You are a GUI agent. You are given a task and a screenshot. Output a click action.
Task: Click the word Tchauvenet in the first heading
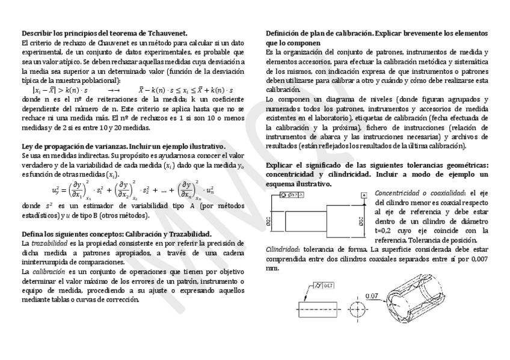coord(169,33)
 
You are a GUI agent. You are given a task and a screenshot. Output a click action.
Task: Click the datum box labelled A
coord(364,195)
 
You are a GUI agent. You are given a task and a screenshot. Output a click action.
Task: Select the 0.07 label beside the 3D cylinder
coord(372,296)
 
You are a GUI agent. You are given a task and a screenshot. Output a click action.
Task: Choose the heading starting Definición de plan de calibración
coord(376,33)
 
